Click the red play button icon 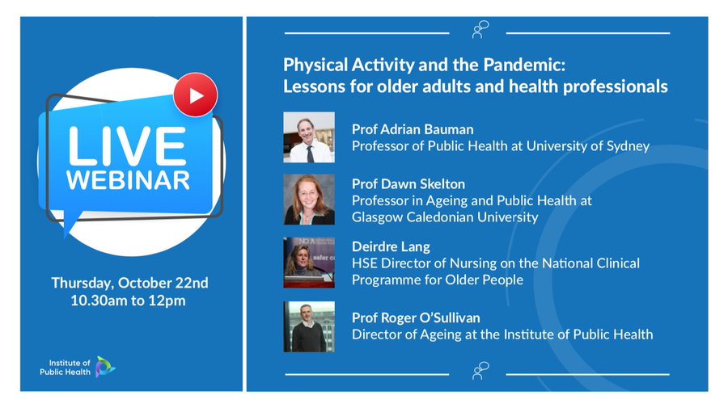196,95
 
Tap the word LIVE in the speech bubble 127,146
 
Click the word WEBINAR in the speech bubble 128,180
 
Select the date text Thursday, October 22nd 129,283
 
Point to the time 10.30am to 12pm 128,301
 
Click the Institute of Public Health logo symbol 105,367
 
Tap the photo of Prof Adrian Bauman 309,137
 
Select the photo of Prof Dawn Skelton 309,200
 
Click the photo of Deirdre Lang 309,263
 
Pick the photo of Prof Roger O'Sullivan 309,327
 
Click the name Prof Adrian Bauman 413,129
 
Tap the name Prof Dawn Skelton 408,184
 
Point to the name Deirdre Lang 391,246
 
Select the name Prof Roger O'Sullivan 416,318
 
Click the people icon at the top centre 480,30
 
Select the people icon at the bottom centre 480,371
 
